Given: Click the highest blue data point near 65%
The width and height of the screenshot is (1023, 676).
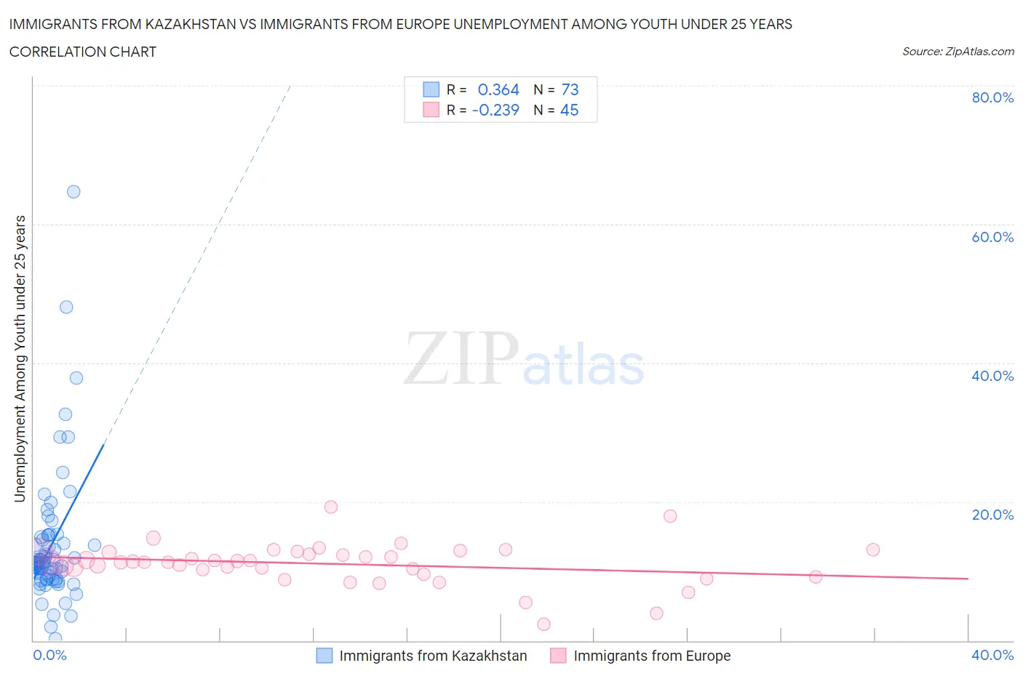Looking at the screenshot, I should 73,192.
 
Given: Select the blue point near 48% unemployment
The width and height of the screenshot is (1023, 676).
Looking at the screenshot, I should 66,307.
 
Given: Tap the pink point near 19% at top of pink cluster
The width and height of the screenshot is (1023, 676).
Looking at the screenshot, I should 331,507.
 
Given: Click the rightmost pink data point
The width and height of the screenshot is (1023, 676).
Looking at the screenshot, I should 873,550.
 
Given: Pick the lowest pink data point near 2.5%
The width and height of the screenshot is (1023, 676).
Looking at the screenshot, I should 544,624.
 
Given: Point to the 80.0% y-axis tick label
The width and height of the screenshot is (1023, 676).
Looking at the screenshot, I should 992,97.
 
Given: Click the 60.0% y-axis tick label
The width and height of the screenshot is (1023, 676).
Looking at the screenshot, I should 992,237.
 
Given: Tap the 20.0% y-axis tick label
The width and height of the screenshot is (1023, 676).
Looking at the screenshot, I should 992,515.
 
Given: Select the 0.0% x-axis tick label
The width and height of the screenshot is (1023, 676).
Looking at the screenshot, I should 49,655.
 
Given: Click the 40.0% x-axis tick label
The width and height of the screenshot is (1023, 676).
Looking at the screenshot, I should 992,655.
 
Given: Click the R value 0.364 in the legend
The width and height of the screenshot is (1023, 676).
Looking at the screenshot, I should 498,89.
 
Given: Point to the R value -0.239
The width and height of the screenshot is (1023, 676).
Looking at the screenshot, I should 495,110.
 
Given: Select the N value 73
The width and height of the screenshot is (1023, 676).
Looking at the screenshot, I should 570,89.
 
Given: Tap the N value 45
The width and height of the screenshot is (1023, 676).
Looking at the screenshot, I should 569,110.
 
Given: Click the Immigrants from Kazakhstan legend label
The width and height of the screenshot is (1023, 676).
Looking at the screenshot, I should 433,656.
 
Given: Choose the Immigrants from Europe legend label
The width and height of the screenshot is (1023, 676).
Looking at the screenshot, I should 652,656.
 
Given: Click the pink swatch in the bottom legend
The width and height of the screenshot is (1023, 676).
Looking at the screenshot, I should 558,656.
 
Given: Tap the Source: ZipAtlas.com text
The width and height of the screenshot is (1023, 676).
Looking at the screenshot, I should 958,51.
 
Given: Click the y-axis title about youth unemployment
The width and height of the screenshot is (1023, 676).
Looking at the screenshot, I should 20,358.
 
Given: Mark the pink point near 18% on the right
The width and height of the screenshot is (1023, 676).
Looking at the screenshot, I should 670,516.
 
